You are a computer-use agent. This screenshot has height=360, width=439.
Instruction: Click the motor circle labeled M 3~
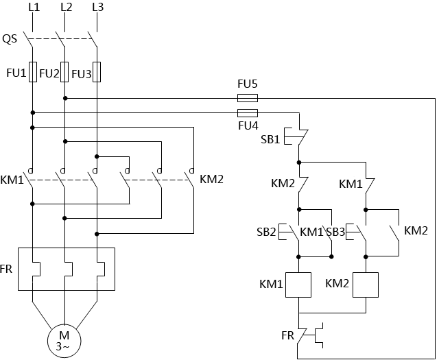click(64, 339)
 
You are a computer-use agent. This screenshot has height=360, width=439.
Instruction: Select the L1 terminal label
click(32, 8)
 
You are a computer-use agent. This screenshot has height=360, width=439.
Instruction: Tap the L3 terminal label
click(97, 8)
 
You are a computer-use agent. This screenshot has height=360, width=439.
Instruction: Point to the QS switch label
click(11, 38)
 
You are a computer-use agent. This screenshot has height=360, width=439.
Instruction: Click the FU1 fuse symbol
click(32, 72)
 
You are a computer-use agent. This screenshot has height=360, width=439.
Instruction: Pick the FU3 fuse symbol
click(97, 72)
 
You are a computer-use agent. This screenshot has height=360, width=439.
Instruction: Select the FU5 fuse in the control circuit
click(247, 98)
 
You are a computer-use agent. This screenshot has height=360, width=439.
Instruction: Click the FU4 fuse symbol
click(247, 112)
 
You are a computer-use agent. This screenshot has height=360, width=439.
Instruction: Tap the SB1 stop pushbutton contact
click(299, 136)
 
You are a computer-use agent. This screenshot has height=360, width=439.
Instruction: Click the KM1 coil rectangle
click(299, 284)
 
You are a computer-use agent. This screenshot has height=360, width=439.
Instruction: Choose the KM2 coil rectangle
click(366, 284)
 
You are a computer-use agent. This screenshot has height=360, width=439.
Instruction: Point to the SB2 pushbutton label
click(265, 232)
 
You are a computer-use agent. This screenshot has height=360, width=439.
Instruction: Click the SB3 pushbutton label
click(335, 232)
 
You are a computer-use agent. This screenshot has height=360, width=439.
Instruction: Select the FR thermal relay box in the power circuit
click(66, 269)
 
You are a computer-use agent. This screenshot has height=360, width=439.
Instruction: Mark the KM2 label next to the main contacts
click(211, 180)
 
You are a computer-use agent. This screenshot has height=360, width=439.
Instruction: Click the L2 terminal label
click(66, 8)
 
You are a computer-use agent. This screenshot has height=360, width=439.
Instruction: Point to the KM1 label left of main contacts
click(12, 180)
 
